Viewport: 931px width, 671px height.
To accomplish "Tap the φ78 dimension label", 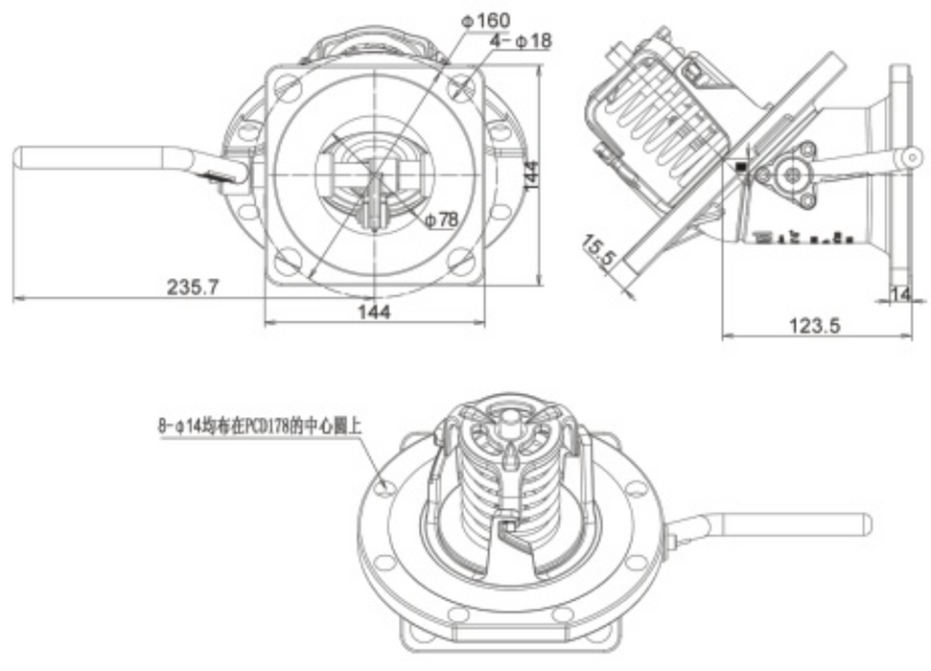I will pos(441,220).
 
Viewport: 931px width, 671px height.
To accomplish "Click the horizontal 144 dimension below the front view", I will pos(375,313).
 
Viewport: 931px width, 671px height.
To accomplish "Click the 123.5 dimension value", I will pos(813,325).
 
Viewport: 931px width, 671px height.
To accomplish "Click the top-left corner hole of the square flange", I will pos(285,86).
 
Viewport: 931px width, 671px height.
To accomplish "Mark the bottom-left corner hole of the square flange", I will pos(285,258).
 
